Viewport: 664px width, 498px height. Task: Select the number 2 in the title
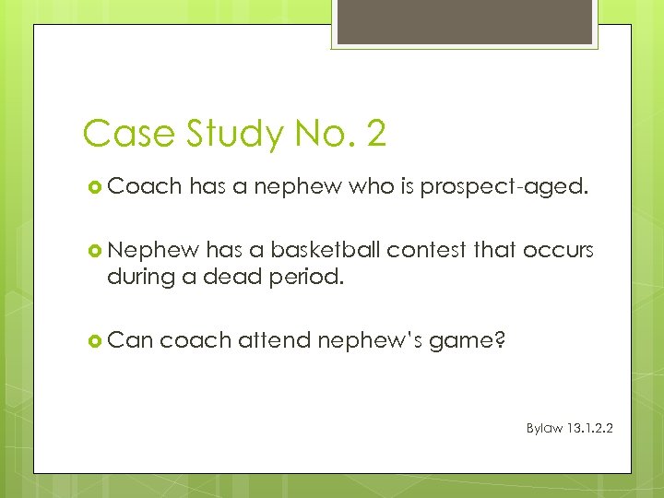375,135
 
